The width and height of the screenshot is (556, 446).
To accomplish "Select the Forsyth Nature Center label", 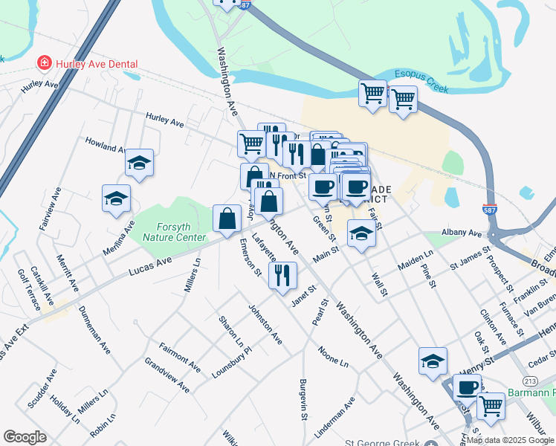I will pos(181,233).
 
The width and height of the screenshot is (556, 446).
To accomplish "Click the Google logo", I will pos(25,437).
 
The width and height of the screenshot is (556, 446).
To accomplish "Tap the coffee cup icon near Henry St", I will pos(468,387).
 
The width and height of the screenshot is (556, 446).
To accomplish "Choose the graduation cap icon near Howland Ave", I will pos(139,162).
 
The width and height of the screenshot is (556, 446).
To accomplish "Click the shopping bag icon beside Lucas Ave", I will pos(227,218).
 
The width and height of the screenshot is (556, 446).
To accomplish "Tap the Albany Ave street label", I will pos(461,233).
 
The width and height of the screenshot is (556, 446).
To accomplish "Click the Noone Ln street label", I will pos(332,356).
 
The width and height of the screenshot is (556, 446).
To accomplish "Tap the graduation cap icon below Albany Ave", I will pos(361,234).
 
